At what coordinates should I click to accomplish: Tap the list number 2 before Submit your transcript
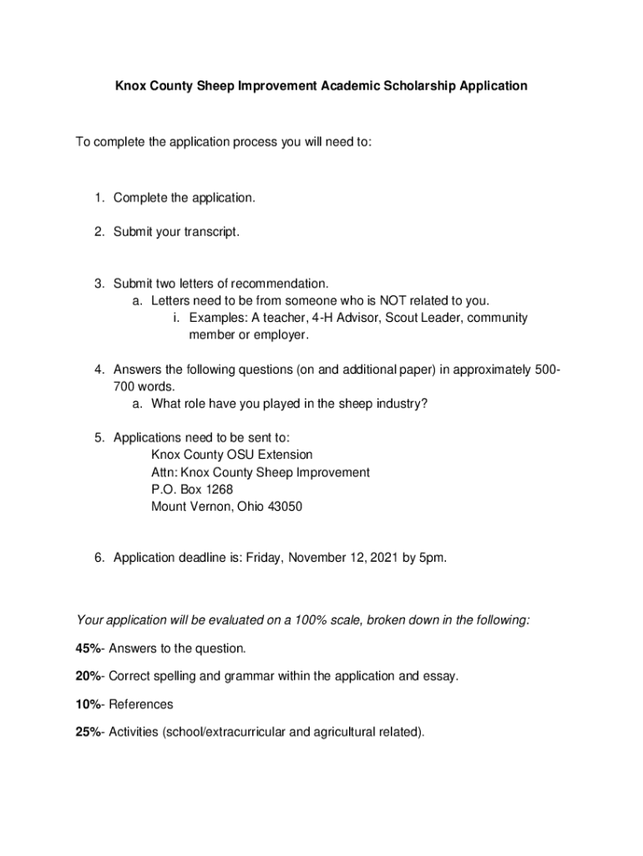tap(99, 232)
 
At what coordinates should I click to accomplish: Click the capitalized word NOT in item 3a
tap(393, 301)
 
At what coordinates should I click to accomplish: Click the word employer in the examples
tap(283, 335)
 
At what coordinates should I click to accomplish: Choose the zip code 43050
tap(284, 507)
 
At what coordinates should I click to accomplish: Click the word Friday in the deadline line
tap(263, 558)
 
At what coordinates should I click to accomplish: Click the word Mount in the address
tap(169, 507)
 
